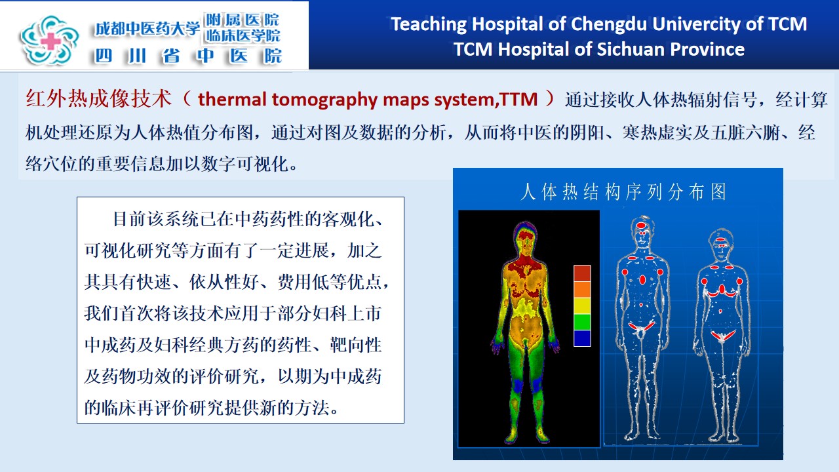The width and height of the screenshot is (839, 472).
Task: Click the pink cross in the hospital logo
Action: click(50, 41)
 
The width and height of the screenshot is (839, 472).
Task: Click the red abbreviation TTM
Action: click(518, 99)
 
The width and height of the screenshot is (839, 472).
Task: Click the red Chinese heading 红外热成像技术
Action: click(98, 99)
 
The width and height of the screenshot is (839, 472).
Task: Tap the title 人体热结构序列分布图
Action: click(623, 192)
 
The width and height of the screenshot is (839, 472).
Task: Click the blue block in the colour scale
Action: click(582, 338)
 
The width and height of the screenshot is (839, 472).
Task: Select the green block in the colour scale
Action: click(582, 322)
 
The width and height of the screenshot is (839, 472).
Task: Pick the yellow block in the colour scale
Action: click(582, 305)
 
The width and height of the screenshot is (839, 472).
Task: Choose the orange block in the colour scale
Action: click(582, 290)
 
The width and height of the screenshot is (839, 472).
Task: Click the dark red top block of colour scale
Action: click(582, 273)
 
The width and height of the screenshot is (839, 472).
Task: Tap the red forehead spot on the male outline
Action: click(642, 226)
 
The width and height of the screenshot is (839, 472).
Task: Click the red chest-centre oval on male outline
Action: click(642, 279)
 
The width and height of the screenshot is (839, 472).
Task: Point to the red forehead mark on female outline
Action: click(720, 239)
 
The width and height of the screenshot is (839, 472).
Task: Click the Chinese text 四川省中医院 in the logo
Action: click(188, 56)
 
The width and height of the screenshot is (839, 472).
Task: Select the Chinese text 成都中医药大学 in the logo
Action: click(146, 28)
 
